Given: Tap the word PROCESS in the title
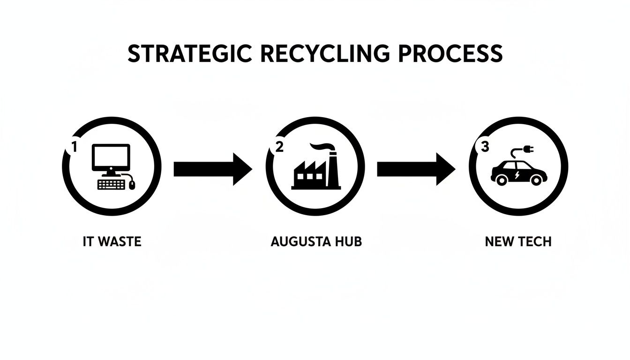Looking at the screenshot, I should [x=450, y=54].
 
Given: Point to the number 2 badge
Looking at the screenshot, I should [x=279, y=147].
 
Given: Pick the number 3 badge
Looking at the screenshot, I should [x=484, y=147].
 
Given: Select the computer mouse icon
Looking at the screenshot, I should [x=132, y=185].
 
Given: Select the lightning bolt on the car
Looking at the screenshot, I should [x=517, y=175].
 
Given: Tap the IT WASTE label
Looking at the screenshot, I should [x=112, y=242].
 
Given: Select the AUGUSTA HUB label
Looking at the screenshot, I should [x=316, y=242].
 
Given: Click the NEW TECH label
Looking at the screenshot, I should [x=518, y=242].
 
